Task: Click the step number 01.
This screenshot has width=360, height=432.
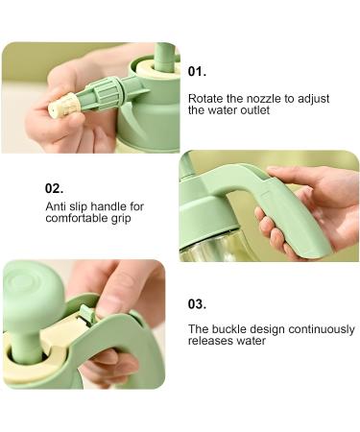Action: click(x=197, y=71)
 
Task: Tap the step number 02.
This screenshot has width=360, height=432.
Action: click(x=54, y=188)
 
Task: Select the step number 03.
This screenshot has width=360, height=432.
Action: click(x=197, y=303)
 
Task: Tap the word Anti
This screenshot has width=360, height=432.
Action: click(x=55, y=206)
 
